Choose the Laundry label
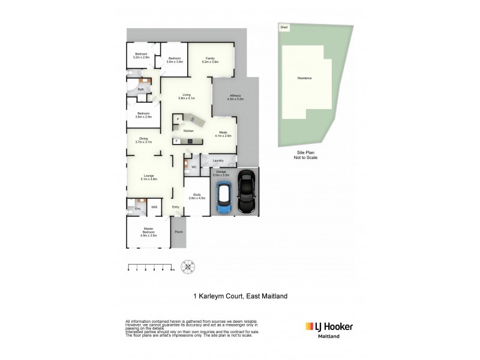tap(218, 161)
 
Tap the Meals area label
tap(223, 134)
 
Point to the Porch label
tap(178, 232)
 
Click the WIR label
tap(154, 208)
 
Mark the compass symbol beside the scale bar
tap(188, 266)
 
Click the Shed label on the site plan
tap(283, 28)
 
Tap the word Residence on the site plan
tap(305, 79)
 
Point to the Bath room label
tap(140, 90)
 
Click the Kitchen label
tap(188, 131)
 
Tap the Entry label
tap(176, 208)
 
